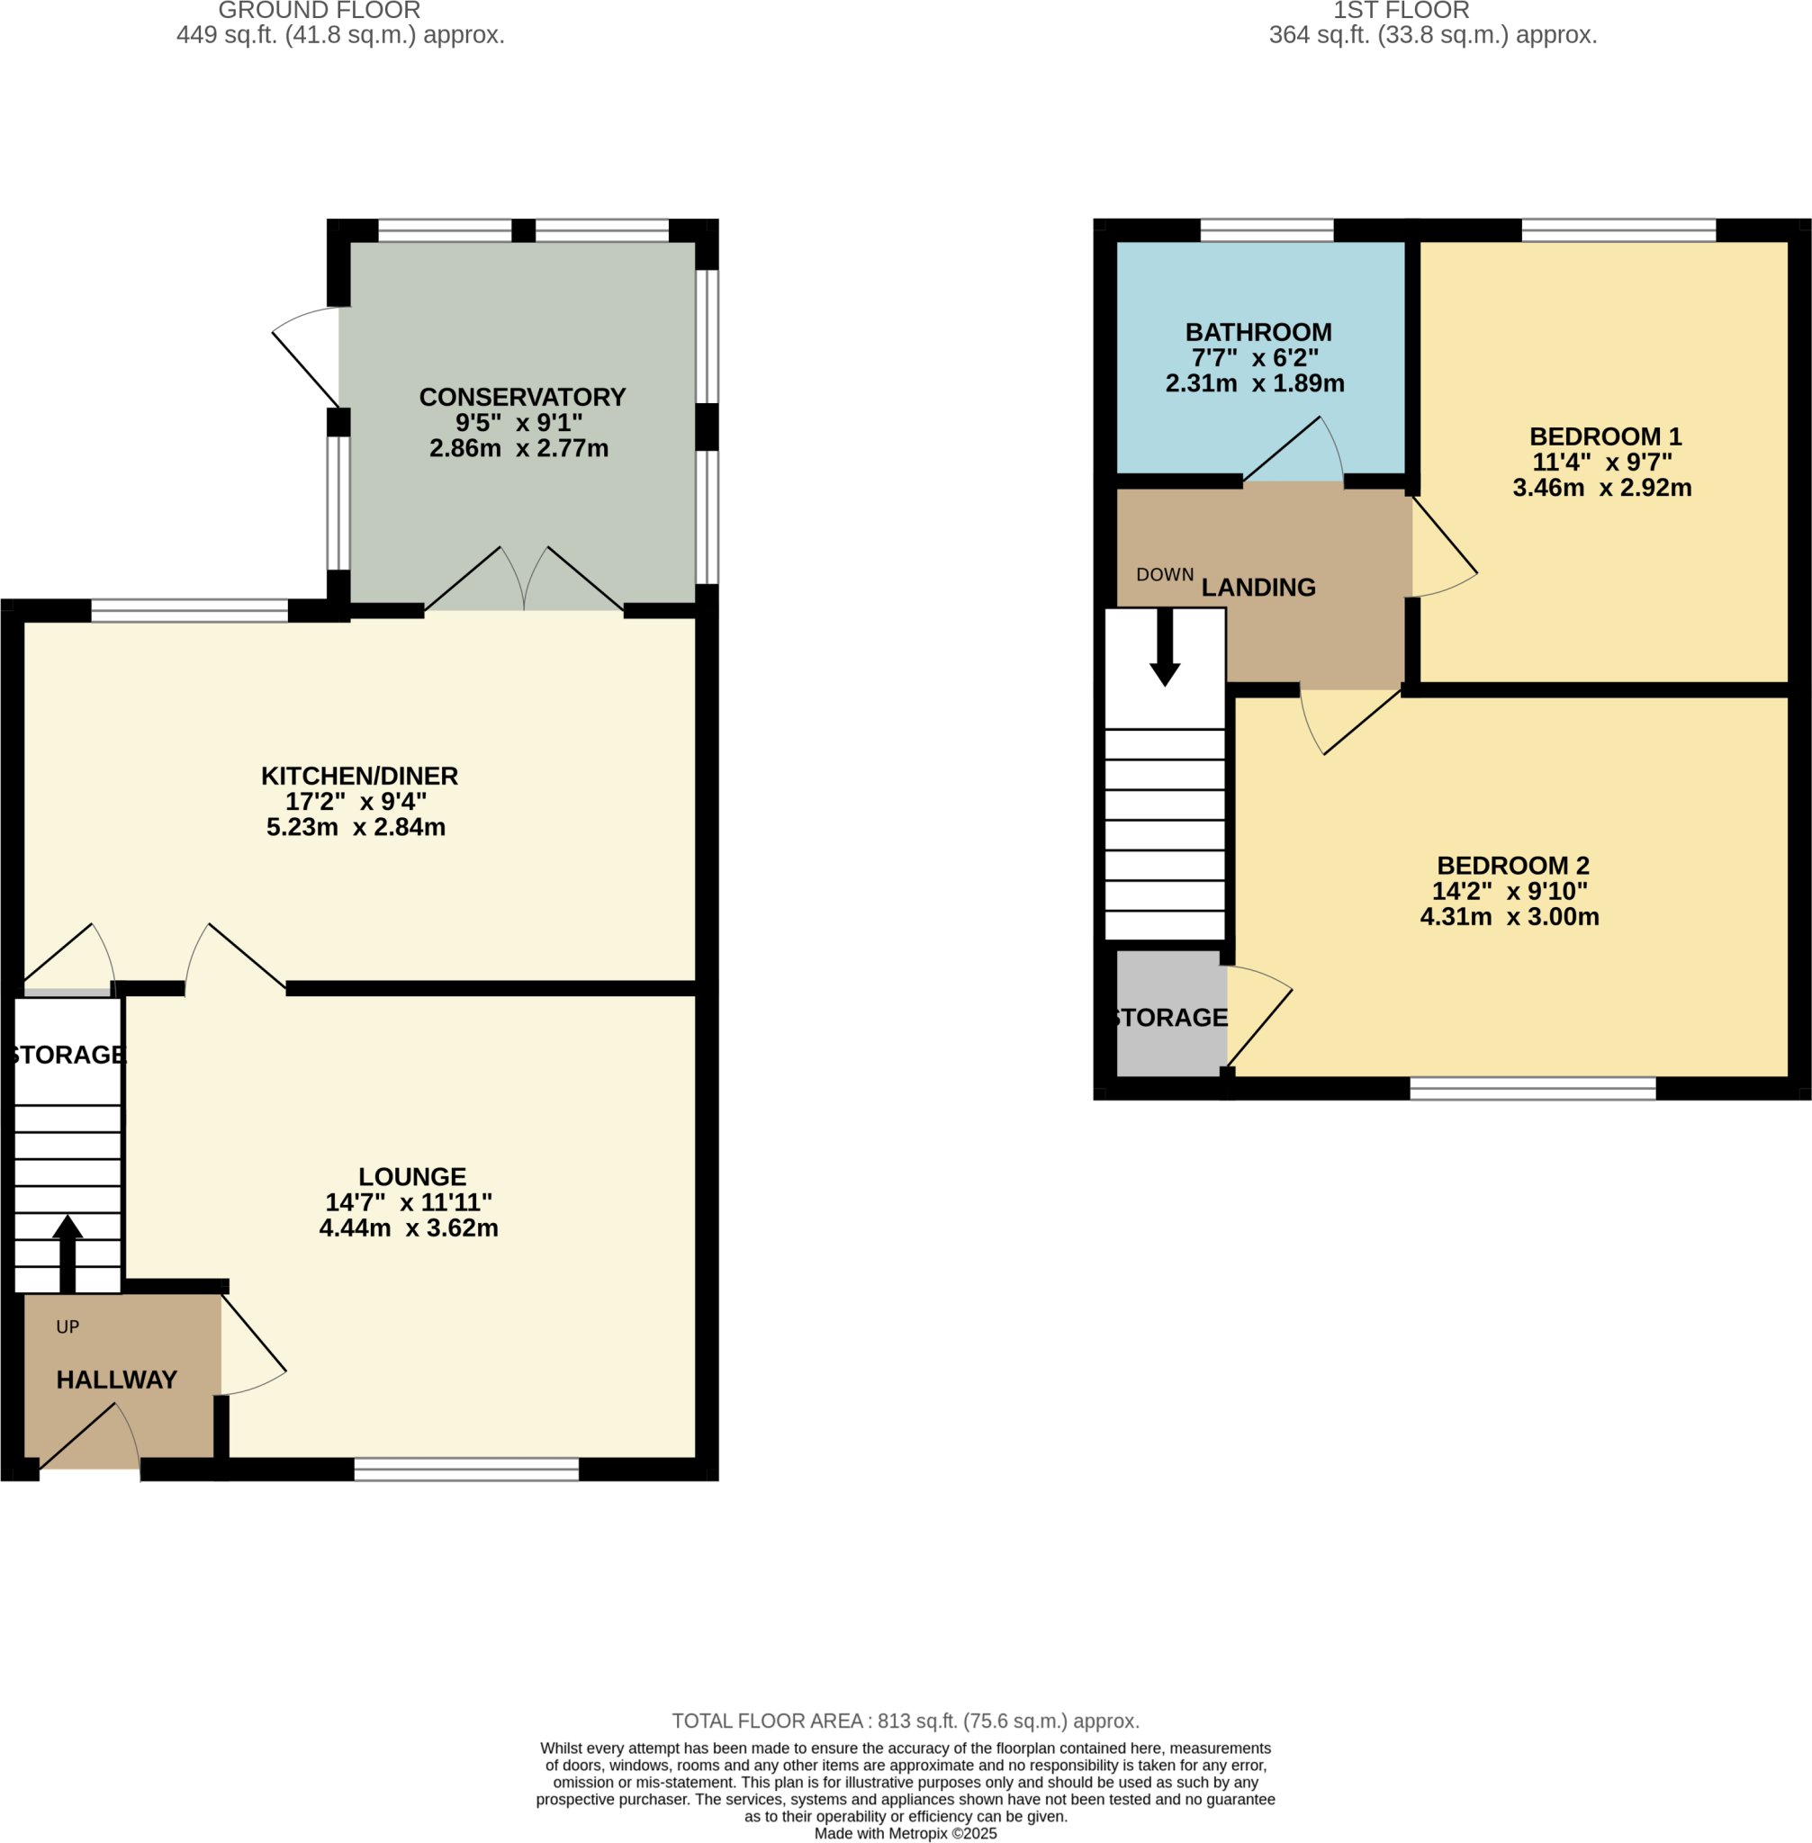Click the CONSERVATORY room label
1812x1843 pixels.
[521, 398]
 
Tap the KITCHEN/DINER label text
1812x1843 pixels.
[360, 777]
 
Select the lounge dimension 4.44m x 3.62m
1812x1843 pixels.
[409, 1228]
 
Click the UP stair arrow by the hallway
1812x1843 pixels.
[68, 1252]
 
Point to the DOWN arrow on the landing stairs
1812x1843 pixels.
[1164, 646]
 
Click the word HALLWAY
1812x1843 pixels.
[116, 1380]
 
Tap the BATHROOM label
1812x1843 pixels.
[1258, 333]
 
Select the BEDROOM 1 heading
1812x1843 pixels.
[1606, 436]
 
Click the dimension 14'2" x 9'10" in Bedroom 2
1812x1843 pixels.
[1510, 892]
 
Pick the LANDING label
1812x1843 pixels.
[1258, 588]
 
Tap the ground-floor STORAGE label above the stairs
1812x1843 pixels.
[68, 1054]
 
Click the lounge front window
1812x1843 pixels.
[466, 1469]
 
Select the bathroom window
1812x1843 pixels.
[1267, 229]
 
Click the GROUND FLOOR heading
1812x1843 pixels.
[319, 12]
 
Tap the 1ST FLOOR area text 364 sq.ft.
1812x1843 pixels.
[1432, 36]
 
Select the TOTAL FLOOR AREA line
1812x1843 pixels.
[905, 1722]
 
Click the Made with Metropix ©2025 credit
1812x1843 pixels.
[905, 1833]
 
